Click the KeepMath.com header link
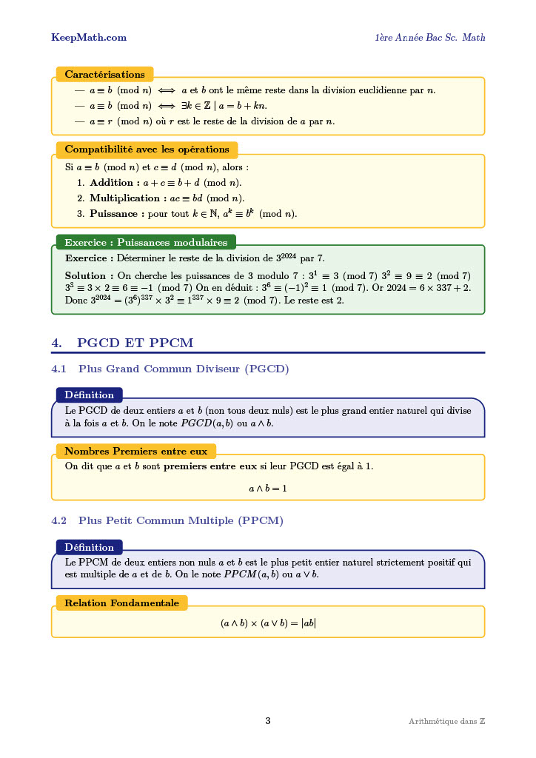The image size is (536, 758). pos(89,38)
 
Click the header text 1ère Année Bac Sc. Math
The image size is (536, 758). pos(429,38)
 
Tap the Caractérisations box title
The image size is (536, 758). pos(104,75)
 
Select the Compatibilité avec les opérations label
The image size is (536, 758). pos(147,150)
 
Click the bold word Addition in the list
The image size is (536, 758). pos(112,183)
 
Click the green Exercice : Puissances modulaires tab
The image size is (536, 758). pos(146,242)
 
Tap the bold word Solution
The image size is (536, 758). pos(86,275)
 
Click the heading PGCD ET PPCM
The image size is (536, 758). pos(135,343)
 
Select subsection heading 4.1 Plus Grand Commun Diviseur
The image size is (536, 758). pos(170,369)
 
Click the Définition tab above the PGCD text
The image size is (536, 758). pos(89,395)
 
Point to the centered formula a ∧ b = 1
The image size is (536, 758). pos(267,489)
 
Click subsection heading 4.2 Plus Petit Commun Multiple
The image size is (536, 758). pos(167,521)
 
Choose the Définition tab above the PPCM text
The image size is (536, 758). pos(89,548)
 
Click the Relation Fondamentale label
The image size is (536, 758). pos(121,603)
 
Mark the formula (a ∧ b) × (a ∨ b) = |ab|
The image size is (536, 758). pos(268,623)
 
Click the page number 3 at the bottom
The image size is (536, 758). pos(268,721)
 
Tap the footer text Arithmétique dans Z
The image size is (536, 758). pos(446,722)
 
